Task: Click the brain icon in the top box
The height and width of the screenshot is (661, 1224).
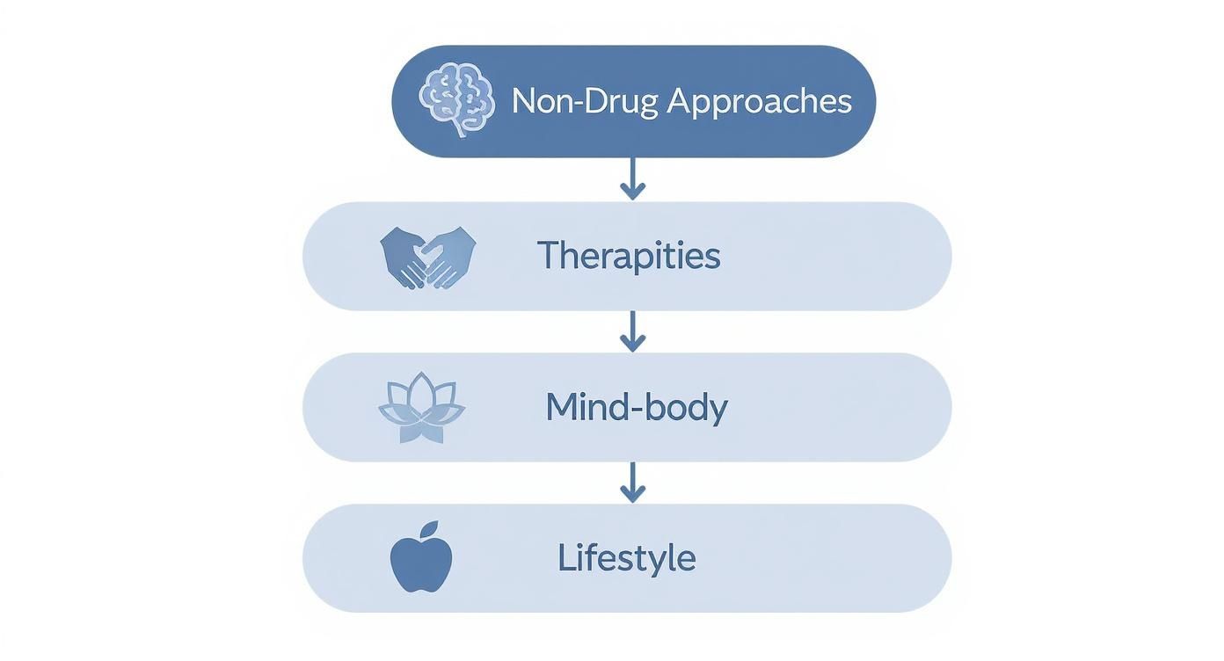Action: (457, 98)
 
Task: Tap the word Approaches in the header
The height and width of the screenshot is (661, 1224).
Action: (760, 102)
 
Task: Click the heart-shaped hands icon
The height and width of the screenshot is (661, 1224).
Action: (428, 258)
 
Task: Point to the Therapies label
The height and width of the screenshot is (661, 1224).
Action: (629, 255)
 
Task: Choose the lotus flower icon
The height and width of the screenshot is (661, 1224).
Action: (421, 408)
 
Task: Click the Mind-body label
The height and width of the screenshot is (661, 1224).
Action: (637, 408)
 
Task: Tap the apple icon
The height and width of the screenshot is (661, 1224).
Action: (420, 557)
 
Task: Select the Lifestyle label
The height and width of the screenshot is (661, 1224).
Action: (627, 558)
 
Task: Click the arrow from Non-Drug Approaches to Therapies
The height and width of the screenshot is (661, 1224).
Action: (633, 178)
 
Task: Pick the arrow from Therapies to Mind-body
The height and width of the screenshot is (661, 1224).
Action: (633, 331)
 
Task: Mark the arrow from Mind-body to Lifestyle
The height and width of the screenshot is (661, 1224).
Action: (633, 483)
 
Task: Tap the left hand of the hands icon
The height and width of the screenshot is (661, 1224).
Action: (404, 257)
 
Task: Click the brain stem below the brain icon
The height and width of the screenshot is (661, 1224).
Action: (459, 129)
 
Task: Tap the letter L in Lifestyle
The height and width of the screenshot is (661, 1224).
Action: (565, 556)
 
